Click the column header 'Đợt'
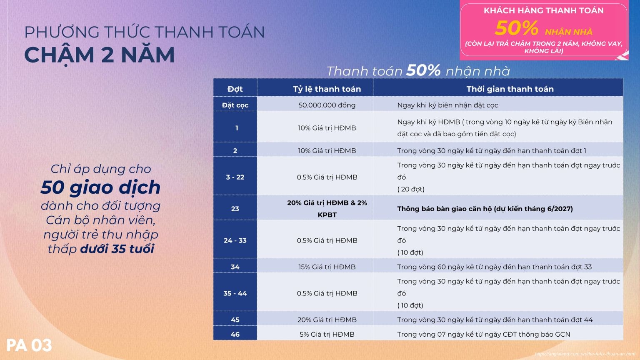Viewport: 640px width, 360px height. [235, 89]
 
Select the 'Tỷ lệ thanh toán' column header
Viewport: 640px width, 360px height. [327, 89]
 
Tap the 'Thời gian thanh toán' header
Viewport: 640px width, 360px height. [510, 89]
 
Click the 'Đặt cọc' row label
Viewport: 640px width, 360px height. [235, 105]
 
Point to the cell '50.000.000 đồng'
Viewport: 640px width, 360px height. [327, 105]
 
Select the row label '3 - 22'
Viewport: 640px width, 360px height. [235, 177]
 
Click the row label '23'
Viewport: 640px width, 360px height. [235, 209]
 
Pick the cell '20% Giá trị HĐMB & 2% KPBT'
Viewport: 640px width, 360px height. [327, 209]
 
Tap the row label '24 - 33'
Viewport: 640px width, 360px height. [235, 240]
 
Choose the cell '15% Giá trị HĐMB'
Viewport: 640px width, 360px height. [327, 267]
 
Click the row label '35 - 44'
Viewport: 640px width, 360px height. [235, 293]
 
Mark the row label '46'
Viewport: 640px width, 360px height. [235, 334]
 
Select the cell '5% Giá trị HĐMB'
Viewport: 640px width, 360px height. [327, 334]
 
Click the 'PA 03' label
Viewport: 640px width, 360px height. [29, 345]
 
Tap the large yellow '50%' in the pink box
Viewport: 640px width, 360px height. [517, 28]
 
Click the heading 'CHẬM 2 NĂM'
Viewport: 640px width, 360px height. [99, 55]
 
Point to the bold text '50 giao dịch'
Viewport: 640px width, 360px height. [100, 187]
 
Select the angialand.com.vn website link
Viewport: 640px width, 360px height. [585, 354]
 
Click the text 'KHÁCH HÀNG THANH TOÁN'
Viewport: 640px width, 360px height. [543, 11]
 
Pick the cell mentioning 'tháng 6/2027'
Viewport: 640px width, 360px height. [485, 209]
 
